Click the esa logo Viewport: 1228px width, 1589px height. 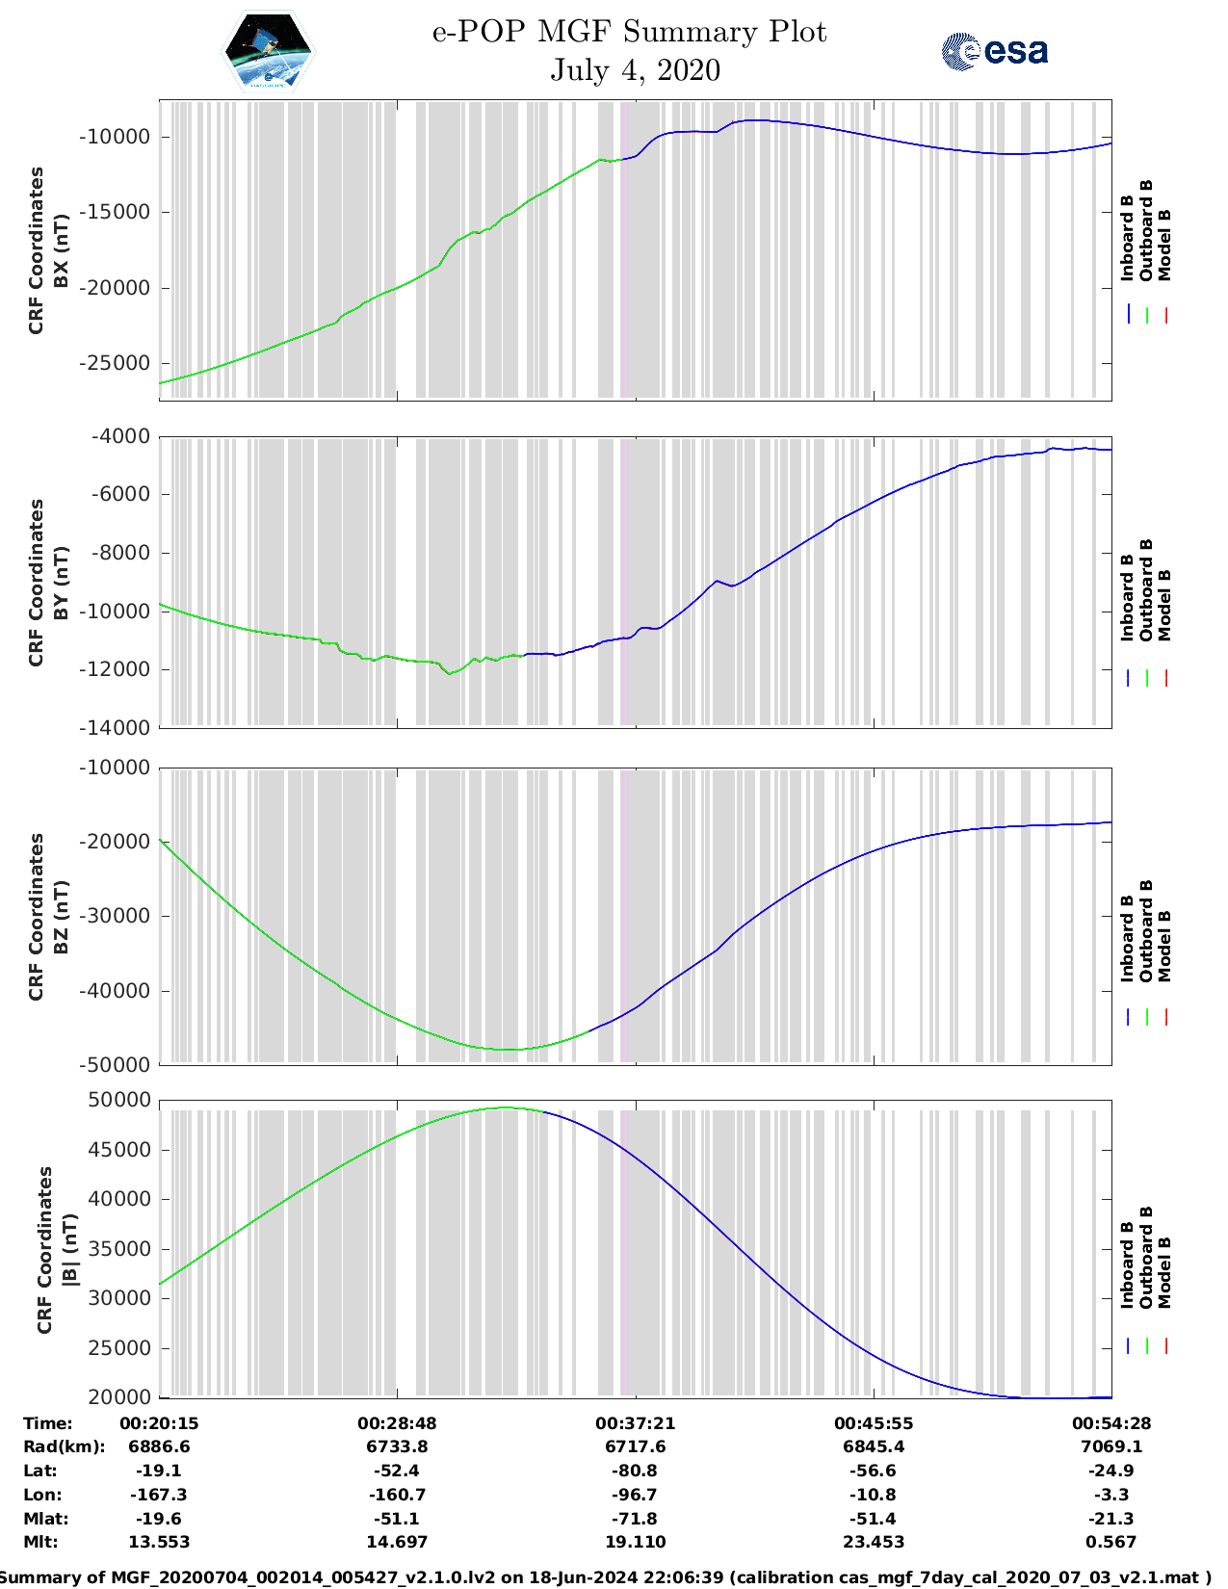click(x=995, y=51)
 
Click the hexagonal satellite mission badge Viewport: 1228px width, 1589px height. click(x=269, y=50)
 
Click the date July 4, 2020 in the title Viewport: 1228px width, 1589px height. click(x=635, y=70)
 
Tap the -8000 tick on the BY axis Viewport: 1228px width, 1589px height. click(x=120, y=553)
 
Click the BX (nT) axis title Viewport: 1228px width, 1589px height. click(x=60, y=250)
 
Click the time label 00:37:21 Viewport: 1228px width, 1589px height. click(x=635, y=1423)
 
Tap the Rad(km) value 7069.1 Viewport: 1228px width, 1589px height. click(x=1111, y=1446)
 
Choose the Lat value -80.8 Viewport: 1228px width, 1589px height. click(x=635, y=1471)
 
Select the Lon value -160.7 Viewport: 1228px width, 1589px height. click(x=397, y=1495)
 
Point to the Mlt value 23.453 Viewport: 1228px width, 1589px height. click(x=874, y=1542)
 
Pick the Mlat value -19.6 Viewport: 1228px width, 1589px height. click(x=159, y=1519)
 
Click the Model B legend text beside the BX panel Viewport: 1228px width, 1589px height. click(x=1164, y=245)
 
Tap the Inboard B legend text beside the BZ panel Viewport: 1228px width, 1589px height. click(x=1127, y=939)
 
